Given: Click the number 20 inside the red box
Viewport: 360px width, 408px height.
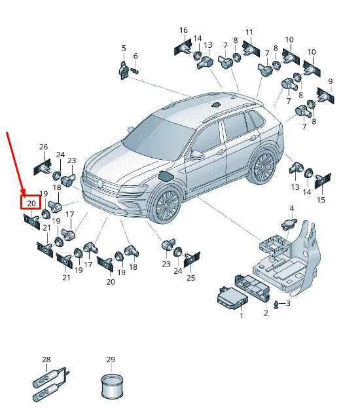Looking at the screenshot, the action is point(31,203).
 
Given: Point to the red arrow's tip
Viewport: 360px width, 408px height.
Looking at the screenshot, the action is point(24,195).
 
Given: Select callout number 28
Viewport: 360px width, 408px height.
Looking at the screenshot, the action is point(46,360).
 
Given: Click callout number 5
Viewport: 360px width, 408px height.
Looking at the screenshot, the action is point(124,48).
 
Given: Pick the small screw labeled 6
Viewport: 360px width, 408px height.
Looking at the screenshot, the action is point(135,70).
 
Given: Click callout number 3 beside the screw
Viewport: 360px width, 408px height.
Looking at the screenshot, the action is point(288,303).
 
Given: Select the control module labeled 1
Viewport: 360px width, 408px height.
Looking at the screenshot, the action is point(232,298).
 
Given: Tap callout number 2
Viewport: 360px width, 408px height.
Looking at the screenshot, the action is point(266,313).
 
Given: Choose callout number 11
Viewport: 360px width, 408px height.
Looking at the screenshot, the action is point(249,32).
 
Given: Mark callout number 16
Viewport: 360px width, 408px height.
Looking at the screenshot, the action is point(183,30).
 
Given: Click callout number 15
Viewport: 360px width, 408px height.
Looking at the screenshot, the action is point(321,200).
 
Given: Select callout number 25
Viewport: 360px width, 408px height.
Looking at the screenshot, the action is point(190,278).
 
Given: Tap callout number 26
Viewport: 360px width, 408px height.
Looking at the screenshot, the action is point(43,147).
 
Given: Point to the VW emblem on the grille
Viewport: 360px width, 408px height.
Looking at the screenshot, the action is point(101,183).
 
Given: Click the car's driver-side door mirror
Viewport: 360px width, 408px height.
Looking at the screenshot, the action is point(196,156).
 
